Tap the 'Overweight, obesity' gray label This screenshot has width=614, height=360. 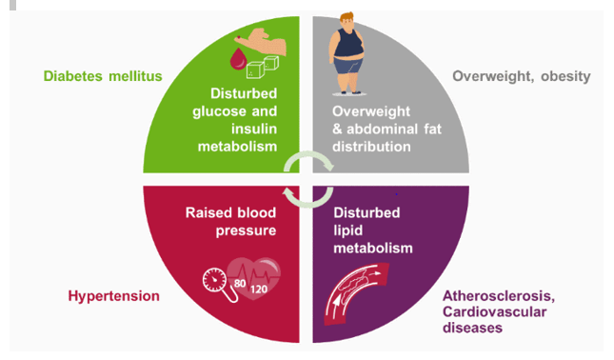(522, 75)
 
